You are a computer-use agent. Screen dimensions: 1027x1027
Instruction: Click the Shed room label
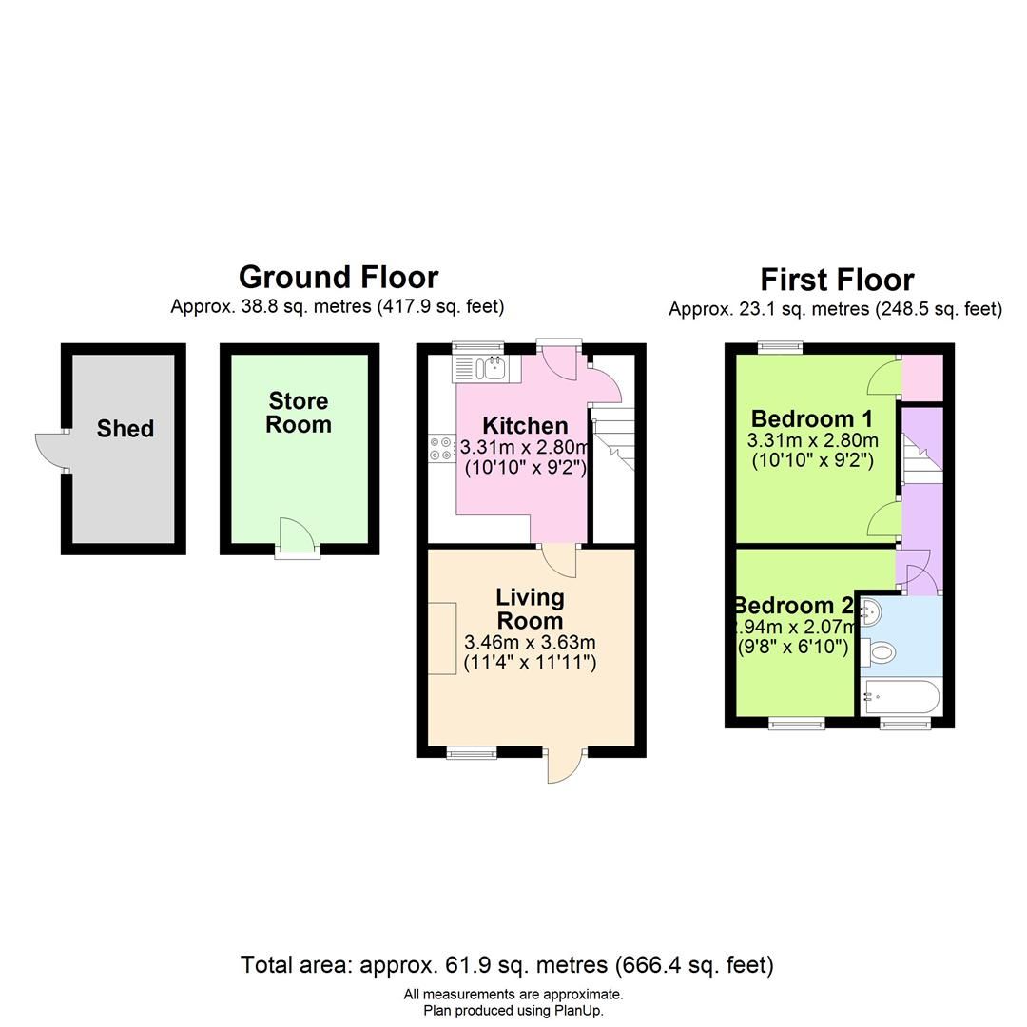(125, 429)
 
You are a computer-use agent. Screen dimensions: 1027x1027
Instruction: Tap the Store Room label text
(298, 413)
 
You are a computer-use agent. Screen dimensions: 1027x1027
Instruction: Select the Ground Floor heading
(338, 277)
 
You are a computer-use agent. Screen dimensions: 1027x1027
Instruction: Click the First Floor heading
(837, 280)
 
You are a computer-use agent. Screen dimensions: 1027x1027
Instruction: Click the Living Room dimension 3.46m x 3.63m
(529, 642)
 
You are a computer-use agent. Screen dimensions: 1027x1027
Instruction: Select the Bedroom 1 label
(811, 418)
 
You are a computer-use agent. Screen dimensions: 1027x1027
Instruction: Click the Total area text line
(507, 965)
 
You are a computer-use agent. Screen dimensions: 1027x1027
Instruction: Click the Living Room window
(472, 753)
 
